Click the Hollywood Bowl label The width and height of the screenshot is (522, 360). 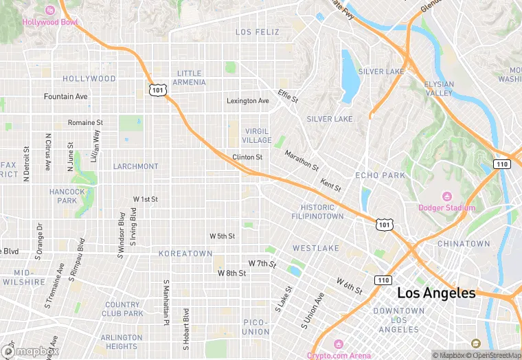50,22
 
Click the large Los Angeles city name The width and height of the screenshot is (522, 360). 436,293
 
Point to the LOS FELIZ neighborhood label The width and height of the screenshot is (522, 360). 258,32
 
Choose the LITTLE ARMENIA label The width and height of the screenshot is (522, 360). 190,78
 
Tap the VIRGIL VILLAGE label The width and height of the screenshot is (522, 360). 256,135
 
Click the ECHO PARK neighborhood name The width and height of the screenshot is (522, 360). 380,175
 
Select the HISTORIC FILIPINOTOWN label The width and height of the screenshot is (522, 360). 322,212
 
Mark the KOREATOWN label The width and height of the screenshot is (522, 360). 185,254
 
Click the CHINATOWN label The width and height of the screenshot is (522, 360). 464,244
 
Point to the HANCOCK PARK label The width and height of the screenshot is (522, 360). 67,196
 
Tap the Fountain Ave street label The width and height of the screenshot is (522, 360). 66,97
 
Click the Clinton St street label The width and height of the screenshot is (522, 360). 247,157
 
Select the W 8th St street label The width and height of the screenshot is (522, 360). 231,273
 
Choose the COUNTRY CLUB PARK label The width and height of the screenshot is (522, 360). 124,309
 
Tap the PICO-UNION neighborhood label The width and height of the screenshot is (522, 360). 256,327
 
